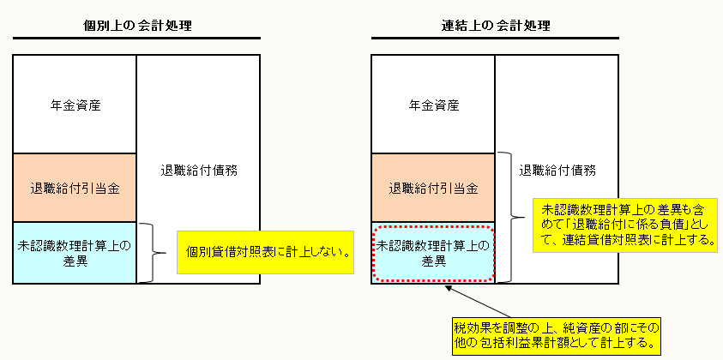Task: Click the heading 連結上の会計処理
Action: pyautogui.click(x=496, y=25)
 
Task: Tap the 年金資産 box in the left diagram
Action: pyautogui.click(x=75, y=105)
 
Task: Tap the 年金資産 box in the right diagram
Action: pyautogui.click(x=433, y=105)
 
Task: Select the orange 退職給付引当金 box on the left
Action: pyautogui.click(x=75, y=188)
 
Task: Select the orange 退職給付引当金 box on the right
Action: pyautogui.click(x=433, y=188)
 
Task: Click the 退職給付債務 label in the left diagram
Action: pyautogui.click(x=198, y=170)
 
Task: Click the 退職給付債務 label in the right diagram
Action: pyautogui.click(x=558, y=170)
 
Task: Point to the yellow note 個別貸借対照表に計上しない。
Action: pyautogui.click(x=266, y=252)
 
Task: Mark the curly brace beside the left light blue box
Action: pyautogui.click(x=152, y=253)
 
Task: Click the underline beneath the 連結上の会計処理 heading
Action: pyautogui.click(x=496, y=39)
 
